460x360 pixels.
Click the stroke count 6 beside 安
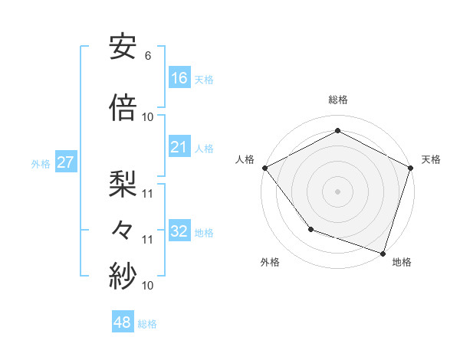tap(147, 56)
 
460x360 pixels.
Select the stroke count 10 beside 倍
tap(148, 117)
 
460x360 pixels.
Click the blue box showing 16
tap(179, 77)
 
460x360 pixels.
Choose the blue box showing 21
tap(179, 147)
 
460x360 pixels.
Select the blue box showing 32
tap(179, 231)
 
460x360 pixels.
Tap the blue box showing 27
tap(65, 162)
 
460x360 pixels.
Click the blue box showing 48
tap(123, 322)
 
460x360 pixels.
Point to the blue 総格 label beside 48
tap(147, 324)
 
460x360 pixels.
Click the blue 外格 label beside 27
tap(41, 164)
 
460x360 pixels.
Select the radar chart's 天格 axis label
tap(431, 159)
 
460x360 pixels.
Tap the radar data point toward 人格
tap(264, 168)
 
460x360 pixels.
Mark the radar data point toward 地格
tap(383, 252)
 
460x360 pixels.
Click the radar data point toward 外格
tap(310, 228)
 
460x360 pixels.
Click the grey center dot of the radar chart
tap(337, 191)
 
